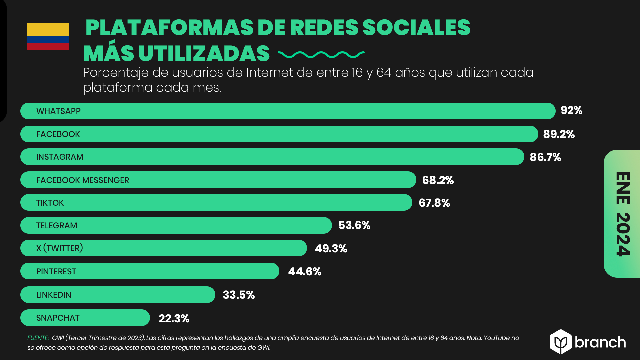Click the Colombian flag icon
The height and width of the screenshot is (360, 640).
48,36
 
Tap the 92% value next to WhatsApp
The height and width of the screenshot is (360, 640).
571,110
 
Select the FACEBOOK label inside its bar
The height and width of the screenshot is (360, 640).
58,134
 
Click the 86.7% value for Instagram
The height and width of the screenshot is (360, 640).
545,157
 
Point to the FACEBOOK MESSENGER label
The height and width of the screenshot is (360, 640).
82,180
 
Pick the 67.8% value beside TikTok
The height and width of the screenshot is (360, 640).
434,203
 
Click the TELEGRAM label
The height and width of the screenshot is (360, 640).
57,225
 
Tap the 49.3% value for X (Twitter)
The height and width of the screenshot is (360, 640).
331,248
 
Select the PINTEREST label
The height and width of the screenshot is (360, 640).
56,271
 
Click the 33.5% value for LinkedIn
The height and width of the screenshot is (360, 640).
239,295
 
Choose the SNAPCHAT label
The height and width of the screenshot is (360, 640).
58,318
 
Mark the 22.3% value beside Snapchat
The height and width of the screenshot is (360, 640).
174,318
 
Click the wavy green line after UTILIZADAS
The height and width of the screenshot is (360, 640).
321,54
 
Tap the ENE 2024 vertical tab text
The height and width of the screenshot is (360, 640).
623,214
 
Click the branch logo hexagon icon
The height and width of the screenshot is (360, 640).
561,342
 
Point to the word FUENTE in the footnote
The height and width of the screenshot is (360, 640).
38,338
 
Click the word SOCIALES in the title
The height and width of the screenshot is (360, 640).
416,27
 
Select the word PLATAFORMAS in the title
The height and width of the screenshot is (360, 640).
169,27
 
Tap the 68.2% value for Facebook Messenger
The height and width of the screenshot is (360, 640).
438,180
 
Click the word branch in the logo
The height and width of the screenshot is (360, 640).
600,342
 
